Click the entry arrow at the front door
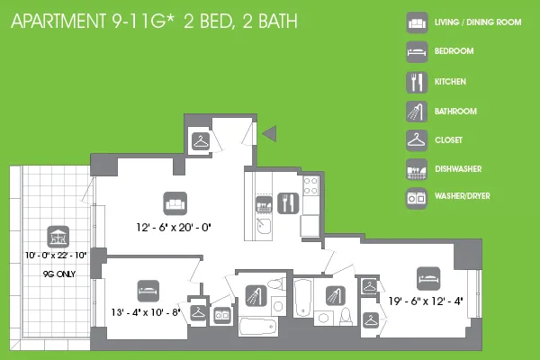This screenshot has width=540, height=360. [267, 135]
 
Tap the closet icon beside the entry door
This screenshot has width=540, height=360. [201, 139]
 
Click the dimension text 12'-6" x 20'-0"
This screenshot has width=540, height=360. [174, 229]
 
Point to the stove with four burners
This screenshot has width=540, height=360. [311, 186]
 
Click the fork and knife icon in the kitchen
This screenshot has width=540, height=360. [289, 202]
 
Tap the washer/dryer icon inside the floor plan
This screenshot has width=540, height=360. [221, 315]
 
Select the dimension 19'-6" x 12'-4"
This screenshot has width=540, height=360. [425, 301]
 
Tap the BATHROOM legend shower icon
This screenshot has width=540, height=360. [416, 112]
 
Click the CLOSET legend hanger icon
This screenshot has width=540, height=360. [416, 139]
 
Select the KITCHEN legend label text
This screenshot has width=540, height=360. [450, 81]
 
